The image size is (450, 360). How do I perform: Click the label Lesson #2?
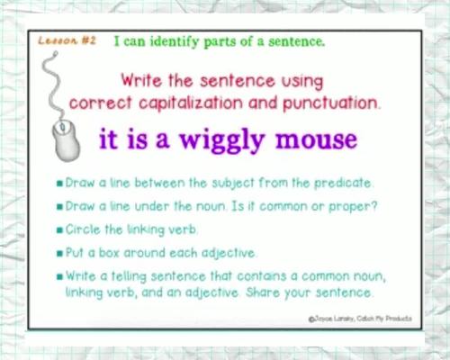[67, 41]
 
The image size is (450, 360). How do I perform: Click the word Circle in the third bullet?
[84, 229]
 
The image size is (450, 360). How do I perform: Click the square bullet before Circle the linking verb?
[58, 229]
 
